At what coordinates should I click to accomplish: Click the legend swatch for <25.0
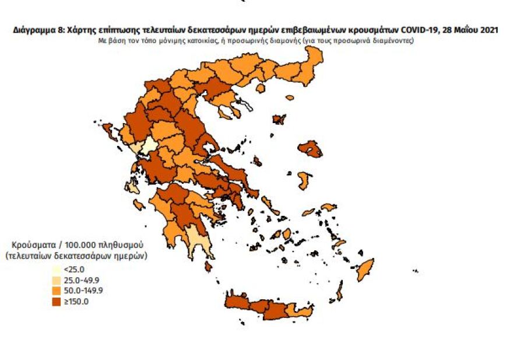click(56, 270)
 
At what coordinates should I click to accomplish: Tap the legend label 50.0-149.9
click(79, 291)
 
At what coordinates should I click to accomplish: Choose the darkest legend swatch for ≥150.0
click(56, 301)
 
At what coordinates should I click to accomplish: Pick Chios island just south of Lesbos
click(303, 180)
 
